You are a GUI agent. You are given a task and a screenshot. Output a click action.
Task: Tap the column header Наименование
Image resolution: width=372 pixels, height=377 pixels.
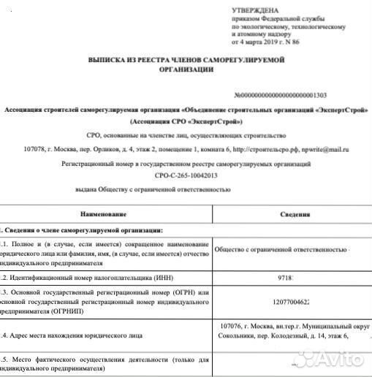tap(104, 213)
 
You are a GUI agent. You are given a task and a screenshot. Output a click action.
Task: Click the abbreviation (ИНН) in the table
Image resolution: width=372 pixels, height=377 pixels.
tap(163, 278)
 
